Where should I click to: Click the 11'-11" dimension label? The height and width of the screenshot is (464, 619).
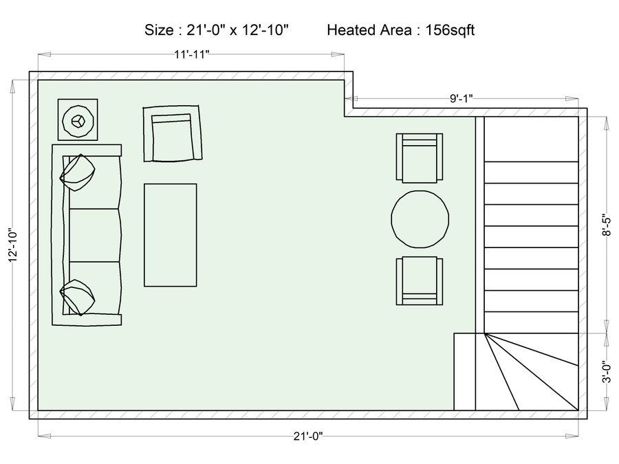[x=191, y=54]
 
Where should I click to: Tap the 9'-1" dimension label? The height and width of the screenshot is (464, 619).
[x=461, y=98]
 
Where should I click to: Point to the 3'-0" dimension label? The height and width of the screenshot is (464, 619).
[x=607, y=371]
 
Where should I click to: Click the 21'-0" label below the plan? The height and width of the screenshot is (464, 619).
[x=308, y=436]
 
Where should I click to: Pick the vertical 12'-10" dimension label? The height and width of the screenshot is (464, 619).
[x=12, y=245]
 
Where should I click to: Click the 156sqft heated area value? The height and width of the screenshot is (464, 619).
[x=450, y=30]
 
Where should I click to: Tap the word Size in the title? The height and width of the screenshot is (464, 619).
[x=159, y=30]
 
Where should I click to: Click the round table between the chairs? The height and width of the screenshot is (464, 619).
[x=420, y=219]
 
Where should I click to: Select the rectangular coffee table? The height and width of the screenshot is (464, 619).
[x=170, y=235]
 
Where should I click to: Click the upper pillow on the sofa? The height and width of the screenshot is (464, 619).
[x=77, y=173]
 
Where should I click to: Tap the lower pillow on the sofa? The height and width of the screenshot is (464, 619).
[x=77, y=298]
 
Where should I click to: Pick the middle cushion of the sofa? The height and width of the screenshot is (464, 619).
[x=94, y=235]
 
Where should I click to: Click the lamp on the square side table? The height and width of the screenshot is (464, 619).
[x=78, y=120]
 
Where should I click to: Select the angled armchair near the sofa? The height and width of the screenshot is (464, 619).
[x=173, y=133]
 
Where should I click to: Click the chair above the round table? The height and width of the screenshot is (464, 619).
[x=420, y=158]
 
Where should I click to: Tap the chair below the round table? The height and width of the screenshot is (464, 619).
[x=420, y=281]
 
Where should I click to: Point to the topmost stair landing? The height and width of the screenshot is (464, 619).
[x=532, y=139]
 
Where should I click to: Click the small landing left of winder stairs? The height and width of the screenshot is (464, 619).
[x=465, y=372]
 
